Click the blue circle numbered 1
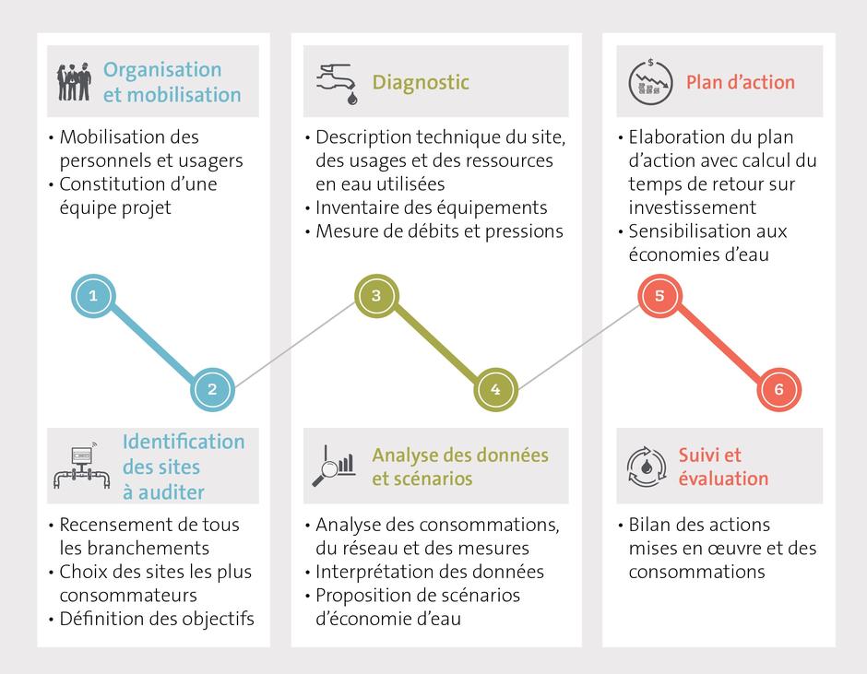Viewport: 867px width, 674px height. point(93,296)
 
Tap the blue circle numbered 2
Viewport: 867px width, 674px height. point(212,389)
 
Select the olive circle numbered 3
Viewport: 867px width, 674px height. point(376,296)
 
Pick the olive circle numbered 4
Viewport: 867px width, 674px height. point(496,389)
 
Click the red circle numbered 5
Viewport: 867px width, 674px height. point(659,296)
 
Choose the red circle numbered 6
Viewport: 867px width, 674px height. point(779,389)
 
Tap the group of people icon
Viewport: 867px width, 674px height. point(74,82)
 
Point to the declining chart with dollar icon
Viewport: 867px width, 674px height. point(651,82)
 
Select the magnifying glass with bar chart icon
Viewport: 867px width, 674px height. point(334,467)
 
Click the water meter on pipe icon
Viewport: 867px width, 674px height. point(82,466)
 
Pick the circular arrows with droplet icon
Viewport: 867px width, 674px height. point(647,467)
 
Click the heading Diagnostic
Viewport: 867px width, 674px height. point(421,82)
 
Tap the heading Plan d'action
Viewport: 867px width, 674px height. point(741,82)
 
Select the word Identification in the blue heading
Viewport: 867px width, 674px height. point(184,442)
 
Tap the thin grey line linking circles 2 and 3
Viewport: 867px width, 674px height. point(295,343)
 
